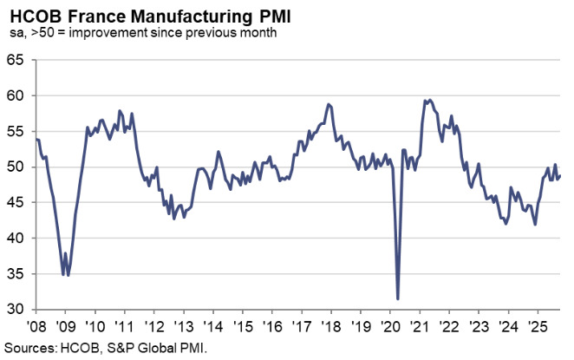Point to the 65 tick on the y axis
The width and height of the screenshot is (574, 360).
coord(16,60)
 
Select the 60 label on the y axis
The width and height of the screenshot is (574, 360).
coord(16,95)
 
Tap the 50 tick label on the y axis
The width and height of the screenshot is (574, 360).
coord(16,167)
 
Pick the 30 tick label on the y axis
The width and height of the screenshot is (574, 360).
coord(16,309)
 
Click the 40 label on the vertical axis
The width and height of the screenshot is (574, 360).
coord(16,238)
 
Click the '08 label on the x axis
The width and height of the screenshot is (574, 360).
coord(36,328)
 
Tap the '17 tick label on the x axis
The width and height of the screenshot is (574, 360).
coord(303,328)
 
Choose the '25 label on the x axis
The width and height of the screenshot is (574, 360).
coord(537,328)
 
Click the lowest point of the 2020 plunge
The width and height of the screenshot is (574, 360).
coord(397,298)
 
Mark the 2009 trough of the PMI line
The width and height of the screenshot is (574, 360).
coord(68,275)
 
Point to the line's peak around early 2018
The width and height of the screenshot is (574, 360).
coord(329,104)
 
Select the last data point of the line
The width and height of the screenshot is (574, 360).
coord(560,175)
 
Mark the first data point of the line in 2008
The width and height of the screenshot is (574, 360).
coord(36,138)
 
